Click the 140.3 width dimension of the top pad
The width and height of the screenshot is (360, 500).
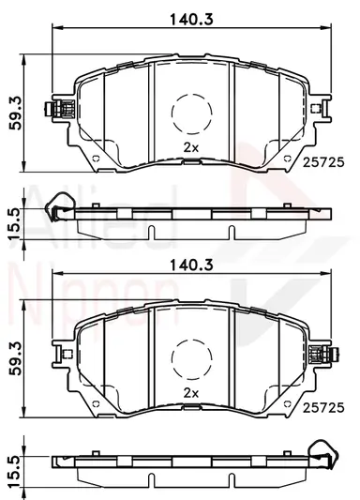[191, 19]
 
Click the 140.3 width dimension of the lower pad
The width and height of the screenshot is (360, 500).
[191, 265]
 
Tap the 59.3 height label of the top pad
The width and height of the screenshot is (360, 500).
[15, 113]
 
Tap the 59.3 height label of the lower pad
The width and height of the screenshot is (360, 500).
[15, 358]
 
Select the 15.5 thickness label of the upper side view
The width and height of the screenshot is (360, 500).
[14, 224]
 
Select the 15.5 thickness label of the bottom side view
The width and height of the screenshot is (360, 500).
[14, 472]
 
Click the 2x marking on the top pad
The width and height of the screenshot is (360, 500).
[191, 147]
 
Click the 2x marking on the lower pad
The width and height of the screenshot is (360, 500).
[191, 393]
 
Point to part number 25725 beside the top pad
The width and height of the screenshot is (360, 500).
[323, 162]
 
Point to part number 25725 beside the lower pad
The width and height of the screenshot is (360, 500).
[323, 408]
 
